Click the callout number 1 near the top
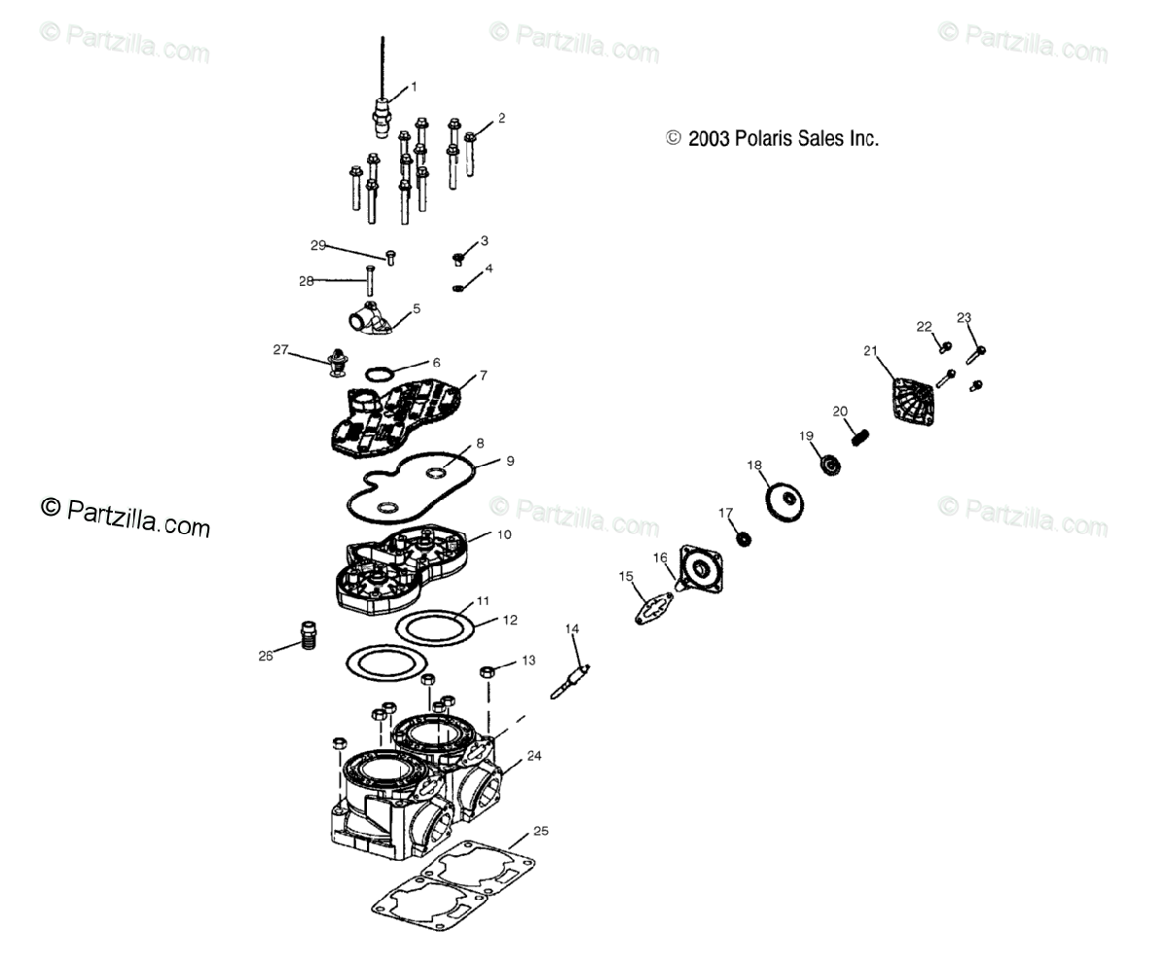(x=413, y=87)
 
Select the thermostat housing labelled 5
(x=371, y=317)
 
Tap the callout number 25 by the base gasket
(x=540, y=831)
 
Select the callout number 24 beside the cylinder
(x=534, y=756)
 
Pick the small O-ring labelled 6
(x=381, y=374)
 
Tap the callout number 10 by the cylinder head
(x=503, y=535)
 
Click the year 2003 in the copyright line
(x=709, y=139)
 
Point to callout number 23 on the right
(x=964, y=317)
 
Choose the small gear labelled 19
(x=831, y=465)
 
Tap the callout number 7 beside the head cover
(x=483, y=376)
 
